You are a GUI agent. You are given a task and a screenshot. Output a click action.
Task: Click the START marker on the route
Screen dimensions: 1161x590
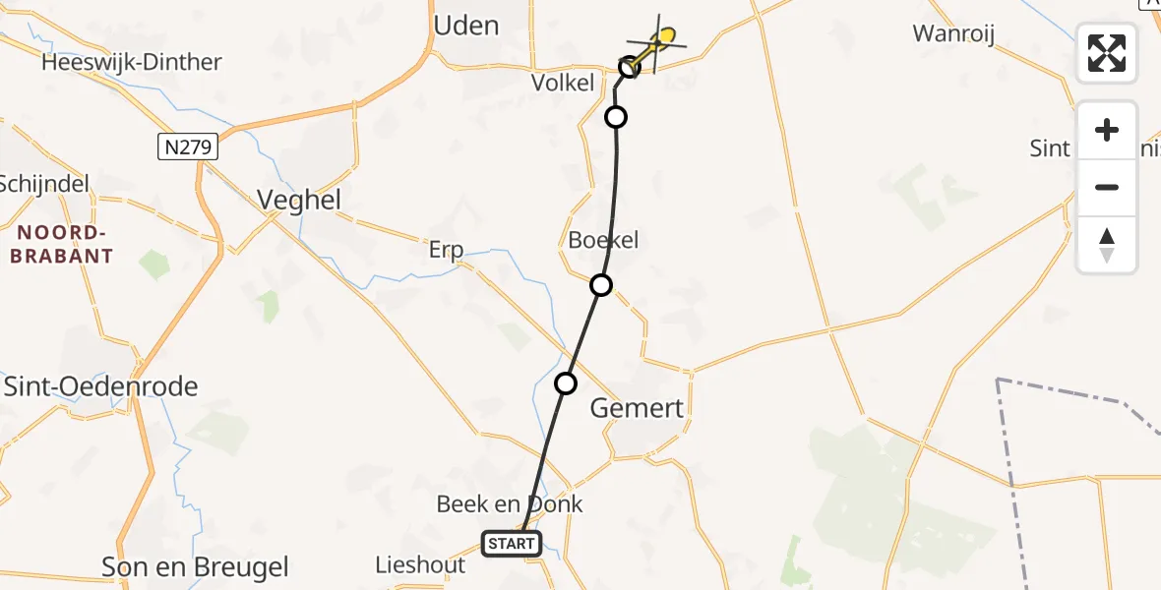512,543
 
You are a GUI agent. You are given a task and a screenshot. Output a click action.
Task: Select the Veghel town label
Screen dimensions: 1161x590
299,200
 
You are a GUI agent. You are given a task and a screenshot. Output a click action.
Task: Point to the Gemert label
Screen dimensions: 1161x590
637,408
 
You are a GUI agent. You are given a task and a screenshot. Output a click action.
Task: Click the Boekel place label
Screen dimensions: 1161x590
604,239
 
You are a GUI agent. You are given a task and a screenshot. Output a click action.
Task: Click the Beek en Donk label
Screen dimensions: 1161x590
510,504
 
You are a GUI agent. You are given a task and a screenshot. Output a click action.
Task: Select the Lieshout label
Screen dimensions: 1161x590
420,564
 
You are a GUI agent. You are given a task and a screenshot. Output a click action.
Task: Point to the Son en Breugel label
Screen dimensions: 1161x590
196,566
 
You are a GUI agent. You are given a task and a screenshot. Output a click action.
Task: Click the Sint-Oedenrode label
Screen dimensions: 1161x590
101,385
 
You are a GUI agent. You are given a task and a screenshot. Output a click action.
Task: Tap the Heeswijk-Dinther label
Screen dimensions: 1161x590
132,62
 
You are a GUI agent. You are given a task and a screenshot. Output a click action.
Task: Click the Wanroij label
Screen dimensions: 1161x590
953,34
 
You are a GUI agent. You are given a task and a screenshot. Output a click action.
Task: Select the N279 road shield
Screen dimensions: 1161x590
187,147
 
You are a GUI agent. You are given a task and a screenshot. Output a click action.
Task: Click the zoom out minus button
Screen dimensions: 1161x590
1107,188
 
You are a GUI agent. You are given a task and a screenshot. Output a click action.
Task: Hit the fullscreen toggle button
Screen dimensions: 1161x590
1107,53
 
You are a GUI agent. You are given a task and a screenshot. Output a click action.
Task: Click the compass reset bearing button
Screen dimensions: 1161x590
1107,245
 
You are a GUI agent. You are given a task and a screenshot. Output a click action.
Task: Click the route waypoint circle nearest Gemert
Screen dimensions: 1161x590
565,383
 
